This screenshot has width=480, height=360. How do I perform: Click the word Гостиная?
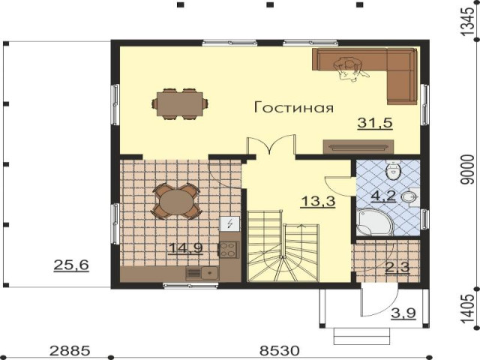point(294,107)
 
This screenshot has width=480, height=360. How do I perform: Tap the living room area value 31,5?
point(375,123)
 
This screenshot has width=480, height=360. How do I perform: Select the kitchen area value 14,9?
point(186,248)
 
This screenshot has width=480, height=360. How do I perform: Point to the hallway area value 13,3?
point(318,202)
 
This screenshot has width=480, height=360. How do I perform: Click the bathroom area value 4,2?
point(383,196)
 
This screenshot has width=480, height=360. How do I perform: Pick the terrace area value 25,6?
point(71,265)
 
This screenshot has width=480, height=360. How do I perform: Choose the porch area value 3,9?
point(403,313)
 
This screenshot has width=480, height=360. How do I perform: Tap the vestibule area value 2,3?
point(397,268)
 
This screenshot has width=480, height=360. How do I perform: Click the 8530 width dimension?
point(279,351)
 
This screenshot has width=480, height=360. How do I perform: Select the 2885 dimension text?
point(70,351)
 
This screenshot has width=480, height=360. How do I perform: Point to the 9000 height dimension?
point(467,169)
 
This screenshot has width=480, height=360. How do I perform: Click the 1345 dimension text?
point(467,21)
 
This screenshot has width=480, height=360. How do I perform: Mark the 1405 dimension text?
point(467,308)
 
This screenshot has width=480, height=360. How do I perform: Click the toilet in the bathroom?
point(393,171)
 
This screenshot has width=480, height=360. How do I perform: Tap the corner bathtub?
point(374,222)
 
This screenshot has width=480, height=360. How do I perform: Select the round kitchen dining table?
point(176,201)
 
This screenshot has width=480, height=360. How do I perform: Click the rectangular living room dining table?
point(180,104)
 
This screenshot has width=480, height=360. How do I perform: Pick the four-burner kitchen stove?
point(228,250)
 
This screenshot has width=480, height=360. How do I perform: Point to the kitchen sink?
point(202,273)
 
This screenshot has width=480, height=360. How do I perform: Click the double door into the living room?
point(271,145)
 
